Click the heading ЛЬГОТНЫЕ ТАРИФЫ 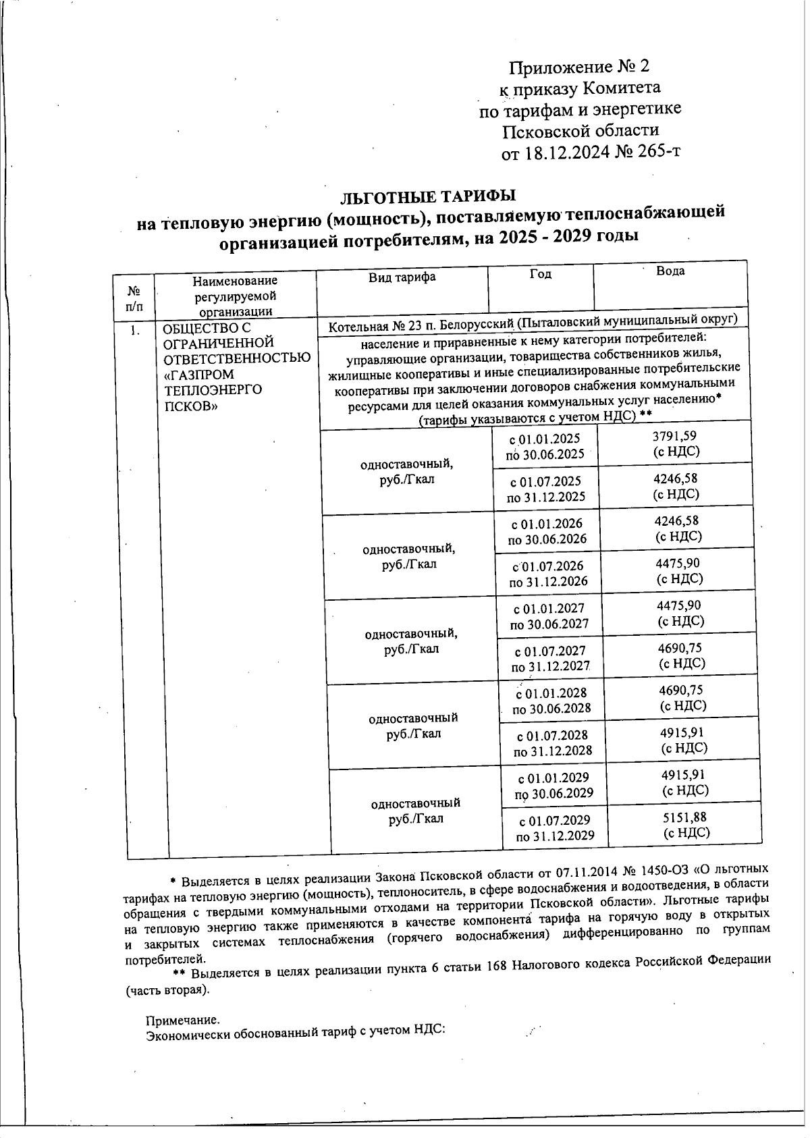click(428, 196)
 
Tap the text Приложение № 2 click(578, 67)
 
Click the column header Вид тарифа click(402, 277)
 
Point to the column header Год click(540, 273)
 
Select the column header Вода click(670, 271)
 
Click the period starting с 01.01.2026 click(546, 524)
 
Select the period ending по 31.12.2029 click(555, 836)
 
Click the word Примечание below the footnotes click(183, 1021)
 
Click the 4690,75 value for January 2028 click(682, 690)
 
